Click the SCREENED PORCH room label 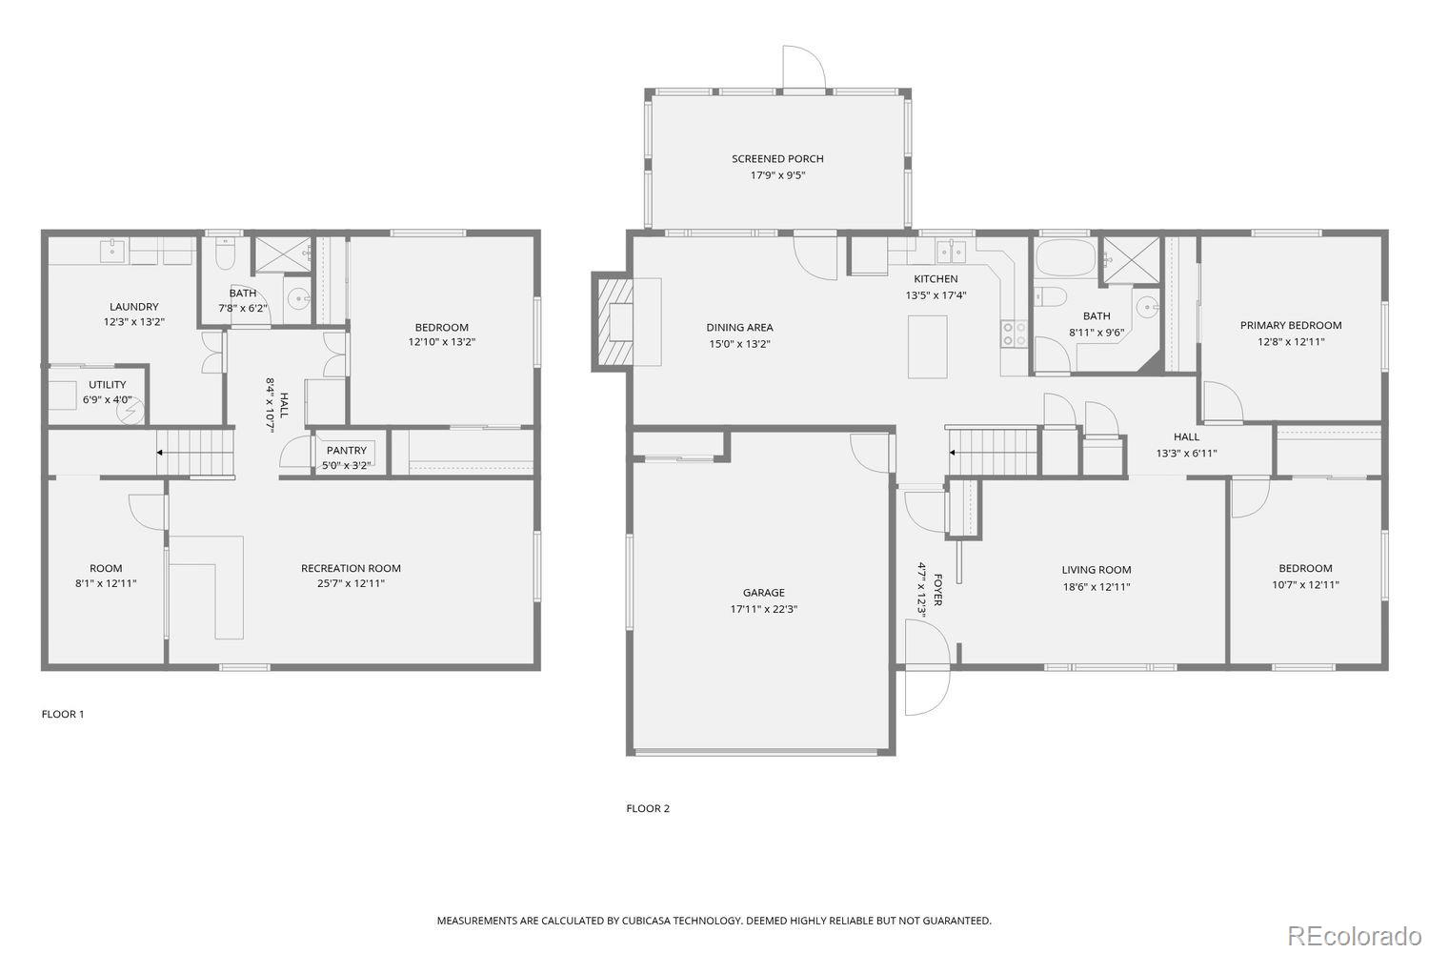click(777, 159)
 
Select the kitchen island click(927, 345)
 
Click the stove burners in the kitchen click(1014, 334)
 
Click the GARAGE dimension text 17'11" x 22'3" click(764, 609)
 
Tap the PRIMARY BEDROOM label click(1290, 326)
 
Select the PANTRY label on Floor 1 click(346, 451)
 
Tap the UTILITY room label click(107, 385)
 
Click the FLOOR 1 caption click(63, 714)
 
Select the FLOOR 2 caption click(648, 808)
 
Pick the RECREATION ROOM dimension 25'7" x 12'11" click(351, 584)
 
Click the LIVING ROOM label click(1096, 570)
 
